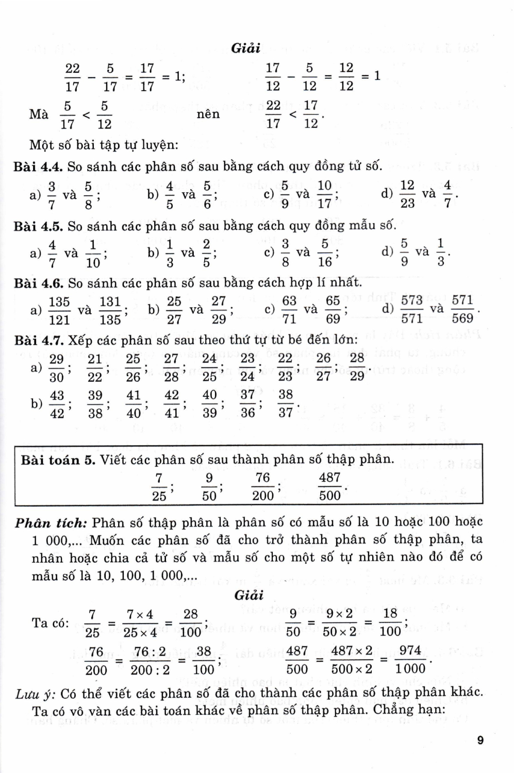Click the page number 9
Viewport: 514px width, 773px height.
[x=480, y=741]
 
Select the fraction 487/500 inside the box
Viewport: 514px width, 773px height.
[x=329, y=486]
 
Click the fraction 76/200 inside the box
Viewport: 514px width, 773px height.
[x=263, y=486]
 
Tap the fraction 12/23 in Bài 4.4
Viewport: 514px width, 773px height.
[x=407, y=194]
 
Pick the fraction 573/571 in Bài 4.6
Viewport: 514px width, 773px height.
[x=411, y=309]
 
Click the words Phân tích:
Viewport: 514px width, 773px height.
[x=51, y=523]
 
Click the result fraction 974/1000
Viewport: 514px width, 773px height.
[x=410, y=660]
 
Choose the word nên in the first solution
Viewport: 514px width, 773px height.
[x=208, y=114]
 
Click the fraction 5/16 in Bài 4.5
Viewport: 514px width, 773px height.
[x=325, y=253]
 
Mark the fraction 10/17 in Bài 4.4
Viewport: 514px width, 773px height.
[x=324, y=194]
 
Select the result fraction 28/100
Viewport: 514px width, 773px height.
[x=190, y=623]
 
